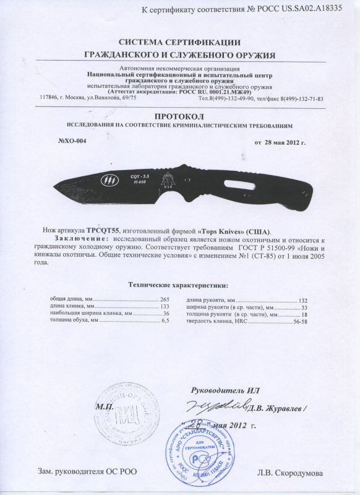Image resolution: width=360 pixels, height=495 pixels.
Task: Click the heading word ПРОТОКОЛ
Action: pos(179,116)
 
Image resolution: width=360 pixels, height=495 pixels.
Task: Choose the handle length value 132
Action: pos(303,299)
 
